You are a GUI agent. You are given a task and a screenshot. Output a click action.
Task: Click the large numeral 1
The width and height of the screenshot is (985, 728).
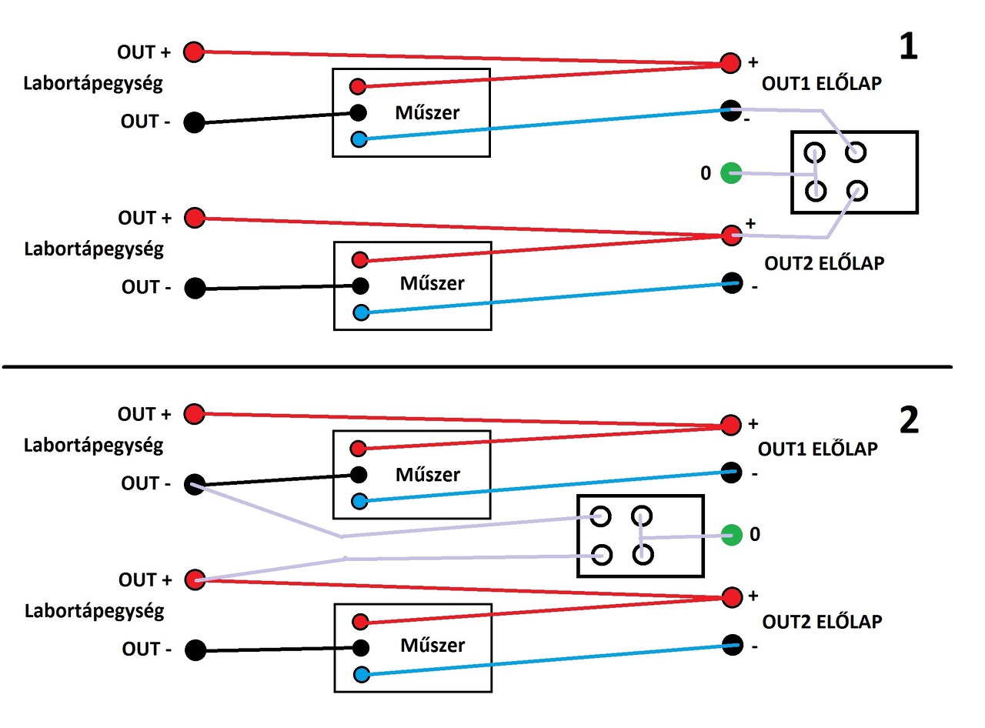click(x=908, y=46)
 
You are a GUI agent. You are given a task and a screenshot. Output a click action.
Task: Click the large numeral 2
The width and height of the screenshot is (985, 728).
click(x=909, y=419)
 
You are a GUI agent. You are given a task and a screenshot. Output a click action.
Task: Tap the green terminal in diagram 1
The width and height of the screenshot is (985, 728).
click(x=731, y=173)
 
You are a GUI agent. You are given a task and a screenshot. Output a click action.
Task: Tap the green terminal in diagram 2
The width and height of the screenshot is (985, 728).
click(x=731, y=535)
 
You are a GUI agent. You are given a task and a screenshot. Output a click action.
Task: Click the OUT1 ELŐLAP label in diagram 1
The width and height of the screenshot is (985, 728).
click(x=822, y=84)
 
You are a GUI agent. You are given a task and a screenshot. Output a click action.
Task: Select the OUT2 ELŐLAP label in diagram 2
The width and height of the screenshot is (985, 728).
click(x=822, y=622)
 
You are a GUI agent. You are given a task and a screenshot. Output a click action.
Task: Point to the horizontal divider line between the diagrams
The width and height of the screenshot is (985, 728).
click(x=477, y=367)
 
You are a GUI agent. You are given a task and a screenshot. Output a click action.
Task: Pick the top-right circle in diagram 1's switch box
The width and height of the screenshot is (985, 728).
click(x=856, y=152)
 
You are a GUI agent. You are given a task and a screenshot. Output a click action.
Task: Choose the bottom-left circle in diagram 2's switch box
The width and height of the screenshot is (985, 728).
click(x=602, y=555)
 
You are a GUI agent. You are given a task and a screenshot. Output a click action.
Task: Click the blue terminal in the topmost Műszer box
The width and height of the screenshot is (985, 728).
click(x=359, y=139)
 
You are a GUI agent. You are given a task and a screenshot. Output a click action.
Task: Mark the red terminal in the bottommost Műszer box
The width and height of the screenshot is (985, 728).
click(x=360, y=621)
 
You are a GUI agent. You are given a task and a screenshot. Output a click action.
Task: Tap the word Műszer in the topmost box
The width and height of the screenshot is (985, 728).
click(x=427, y=113)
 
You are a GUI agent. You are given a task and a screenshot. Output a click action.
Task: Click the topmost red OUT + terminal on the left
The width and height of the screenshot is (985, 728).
click(x=194, y=52)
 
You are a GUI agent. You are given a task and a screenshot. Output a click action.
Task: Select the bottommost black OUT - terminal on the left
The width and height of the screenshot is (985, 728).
click(x=195, y=650)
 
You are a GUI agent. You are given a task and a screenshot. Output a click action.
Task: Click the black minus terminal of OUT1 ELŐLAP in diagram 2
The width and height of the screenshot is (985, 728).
click(x=731, y=473)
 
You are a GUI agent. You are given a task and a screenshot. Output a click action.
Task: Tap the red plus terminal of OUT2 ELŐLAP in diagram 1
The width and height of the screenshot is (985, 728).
click(x=731, y=235)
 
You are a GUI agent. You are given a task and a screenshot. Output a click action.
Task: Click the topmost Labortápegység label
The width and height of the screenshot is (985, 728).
click(x=93, y=84)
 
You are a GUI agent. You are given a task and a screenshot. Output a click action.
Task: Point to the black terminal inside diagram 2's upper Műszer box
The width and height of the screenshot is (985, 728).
click(x=359, y=474)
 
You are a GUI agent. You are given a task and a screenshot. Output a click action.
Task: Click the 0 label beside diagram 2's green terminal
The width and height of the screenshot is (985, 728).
click(x=755, y=534)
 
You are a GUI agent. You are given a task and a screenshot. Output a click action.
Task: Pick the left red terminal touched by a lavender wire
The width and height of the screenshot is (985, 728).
click(x=195, y=579)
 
